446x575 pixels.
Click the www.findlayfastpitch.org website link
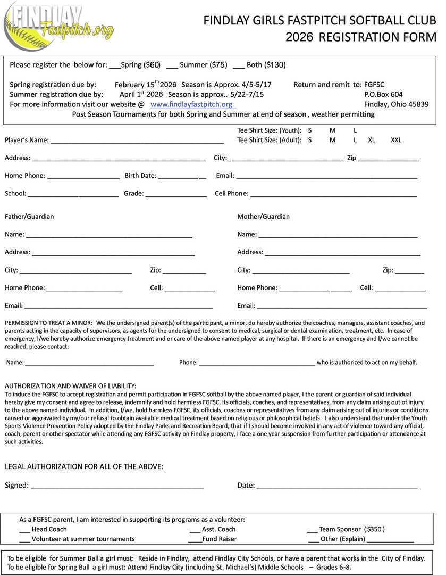point(191,104)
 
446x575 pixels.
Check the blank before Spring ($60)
point(114,65)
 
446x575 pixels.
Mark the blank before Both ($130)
point(239,65)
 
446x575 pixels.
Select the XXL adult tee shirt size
point(396,140)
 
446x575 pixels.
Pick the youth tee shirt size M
point(332,130)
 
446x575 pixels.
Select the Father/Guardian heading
point(29,217)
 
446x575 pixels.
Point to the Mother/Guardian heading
point(263,217)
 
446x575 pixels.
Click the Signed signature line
point(117,486)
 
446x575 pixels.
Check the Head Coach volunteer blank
point(24,530)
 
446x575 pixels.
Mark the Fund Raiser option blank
point(195,539)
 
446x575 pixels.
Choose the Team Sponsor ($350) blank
point(312,530)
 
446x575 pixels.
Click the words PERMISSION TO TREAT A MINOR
point(48,323)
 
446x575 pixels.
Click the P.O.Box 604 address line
point(383,94)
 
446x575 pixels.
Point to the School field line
point(73,194)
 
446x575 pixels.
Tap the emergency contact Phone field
point(257,363)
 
